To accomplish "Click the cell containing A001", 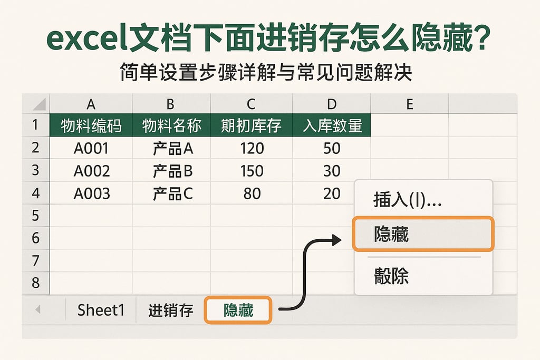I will coord(91,149).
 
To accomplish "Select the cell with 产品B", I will coord(172,171).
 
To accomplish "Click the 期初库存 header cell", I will coord(251,126).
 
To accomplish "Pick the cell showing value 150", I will coord(251,171).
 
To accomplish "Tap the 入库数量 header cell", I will coord(332,126).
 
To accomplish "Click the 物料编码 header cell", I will coord(91,126).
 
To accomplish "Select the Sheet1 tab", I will coord(101,310).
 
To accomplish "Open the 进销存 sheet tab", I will coord(170,310).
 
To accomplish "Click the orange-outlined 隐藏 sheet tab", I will coord(238,310).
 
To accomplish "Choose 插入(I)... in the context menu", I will coord(407,200).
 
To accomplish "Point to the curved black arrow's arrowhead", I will coord(337,240).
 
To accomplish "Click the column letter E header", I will coord(409,104).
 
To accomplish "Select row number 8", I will coord(36,283).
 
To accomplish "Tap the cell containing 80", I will coord(252,194).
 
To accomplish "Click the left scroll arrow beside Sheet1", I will coord(37,310).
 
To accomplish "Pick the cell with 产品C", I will coord(172,194).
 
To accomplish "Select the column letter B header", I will coord(170,104).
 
